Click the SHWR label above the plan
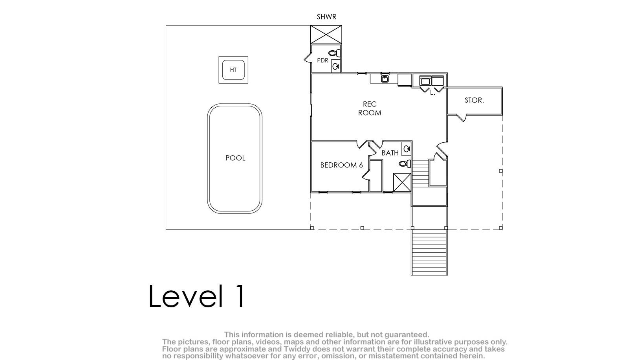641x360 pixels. [326, 17]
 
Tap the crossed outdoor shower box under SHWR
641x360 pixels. [326, 35]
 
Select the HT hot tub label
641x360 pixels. [233, 70]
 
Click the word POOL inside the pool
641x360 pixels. [235, 158]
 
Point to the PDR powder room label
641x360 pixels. [322, 61]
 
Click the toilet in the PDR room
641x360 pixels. [334, 53]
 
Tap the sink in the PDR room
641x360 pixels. [336, 66]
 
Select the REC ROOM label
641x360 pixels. [370, 108]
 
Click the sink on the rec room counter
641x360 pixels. [385, 79]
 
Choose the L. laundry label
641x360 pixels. [432, 93]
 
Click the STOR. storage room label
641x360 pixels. [474, 100]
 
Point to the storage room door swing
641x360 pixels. [461, 118]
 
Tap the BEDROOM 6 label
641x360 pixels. [341, 165]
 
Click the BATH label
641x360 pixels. [390, 153]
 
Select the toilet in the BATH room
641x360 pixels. [405, 164]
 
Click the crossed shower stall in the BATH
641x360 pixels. [402, 182]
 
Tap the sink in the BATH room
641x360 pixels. [407, 149]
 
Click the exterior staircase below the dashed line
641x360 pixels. [429, 252]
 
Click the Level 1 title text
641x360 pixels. [197, 296]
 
